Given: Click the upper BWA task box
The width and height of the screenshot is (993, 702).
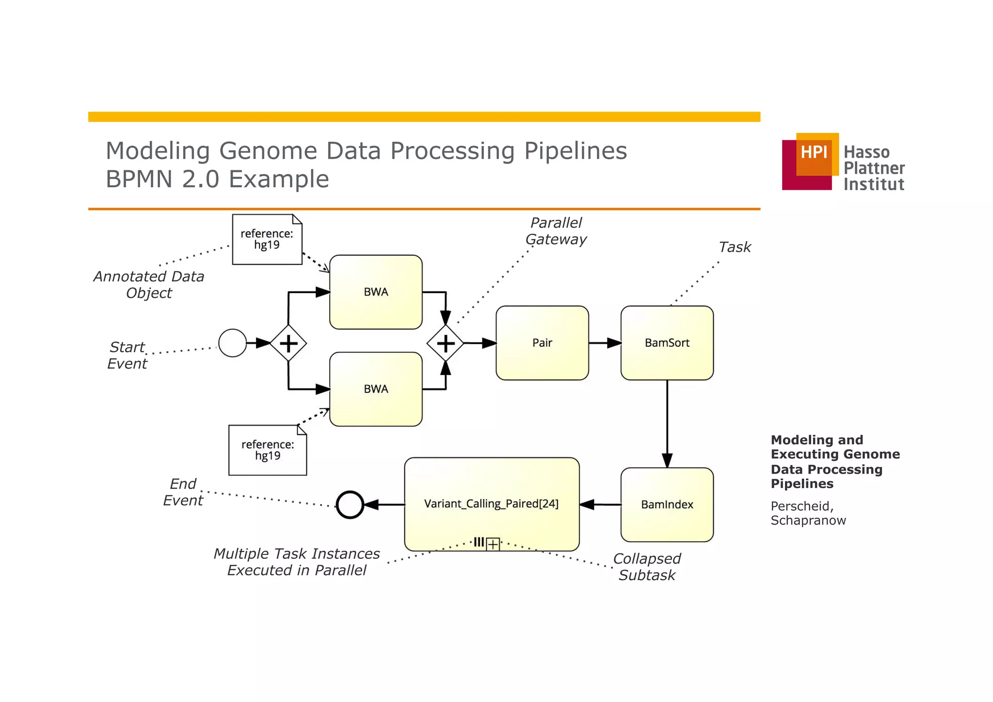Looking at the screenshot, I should (x=376, y=292).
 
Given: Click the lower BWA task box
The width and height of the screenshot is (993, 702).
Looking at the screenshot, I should (x=376, y=389).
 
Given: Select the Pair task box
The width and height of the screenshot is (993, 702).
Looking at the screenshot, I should (x=542, y=343).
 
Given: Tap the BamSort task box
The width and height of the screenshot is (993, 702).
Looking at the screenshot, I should (x=667, y=343).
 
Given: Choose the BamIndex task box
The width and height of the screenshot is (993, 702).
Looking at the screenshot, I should (x=667, y=505).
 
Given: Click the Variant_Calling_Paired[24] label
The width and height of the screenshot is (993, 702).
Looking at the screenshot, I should (x=491, y=504).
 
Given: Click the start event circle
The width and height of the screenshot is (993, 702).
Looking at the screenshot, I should (x=232, y=343).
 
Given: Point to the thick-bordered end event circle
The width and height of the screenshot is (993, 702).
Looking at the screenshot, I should (x=350, y=505).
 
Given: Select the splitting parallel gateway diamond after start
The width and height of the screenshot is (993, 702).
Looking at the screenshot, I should (x=288, y=343).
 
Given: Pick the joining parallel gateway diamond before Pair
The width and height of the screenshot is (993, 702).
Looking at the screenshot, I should (x=446, y=343).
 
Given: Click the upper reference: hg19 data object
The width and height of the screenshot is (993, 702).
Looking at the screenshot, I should (x=267, y=240).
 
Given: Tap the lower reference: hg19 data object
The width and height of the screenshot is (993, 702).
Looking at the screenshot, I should (x=267, y=450).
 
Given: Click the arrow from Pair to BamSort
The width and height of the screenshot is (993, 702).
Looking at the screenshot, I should (x=605, y=343).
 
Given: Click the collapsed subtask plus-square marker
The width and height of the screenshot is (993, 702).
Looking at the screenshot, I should (x=493, y=544).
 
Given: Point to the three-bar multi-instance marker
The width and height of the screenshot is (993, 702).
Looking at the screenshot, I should (x=479, y=542).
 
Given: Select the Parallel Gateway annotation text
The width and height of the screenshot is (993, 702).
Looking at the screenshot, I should (x=556, y=231).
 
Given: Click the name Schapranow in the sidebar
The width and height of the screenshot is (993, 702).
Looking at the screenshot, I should (x=808, y=520).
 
